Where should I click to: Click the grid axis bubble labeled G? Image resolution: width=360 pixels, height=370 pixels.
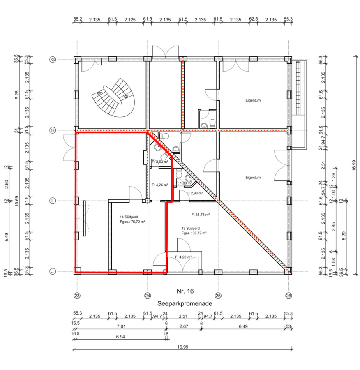(53, 60)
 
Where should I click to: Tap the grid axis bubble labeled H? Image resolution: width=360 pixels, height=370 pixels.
(53, 130)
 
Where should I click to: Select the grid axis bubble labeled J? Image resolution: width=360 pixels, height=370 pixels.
(53, 271)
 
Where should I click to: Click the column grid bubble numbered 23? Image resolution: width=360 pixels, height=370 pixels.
(77, 296)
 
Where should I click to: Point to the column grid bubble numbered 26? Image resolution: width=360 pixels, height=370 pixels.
(288, 296)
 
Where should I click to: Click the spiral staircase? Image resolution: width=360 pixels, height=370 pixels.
(113, 97)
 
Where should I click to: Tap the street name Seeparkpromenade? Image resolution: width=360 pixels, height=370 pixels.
(185, 303)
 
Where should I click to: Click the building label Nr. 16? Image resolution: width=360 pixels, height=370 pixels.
(185, 291)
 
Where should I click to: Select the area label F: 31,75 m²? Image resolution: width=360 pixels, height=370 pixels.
(200, 215)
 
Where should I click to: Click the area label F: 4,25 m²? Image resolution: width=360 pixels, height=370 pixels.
(160, 185)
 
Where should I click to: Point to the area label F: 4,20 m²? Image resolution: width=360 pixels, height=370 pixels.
(183, 257)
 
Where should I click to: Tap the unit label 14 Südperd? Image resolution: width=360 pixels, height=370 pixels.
(129, 217)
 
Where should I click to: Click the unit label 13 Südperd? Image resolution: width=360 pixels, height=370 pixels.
(190, 229)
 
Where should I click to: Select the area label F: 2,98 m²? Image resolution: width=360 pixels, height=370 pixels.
(195, 193)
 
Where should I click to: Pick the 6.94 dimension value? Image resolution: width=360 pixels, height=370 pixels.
(120, 337)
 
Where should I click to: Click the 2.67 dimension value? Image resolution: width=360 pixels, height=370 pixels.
(184, 326)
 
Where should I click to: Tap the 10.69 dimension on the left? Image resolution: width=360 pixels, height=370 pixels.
(17, 201)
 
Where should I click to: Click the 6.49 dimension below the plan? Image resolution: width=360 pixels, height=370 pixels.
(243, 326)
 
